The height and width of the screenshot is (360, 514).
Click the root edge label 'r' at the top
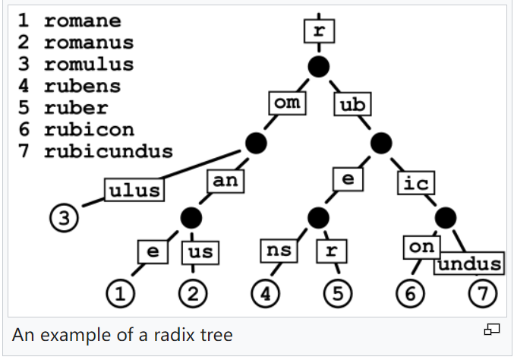(x=320, y=31)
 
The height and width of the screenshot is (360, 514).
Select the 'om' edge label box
(x=287, y=103)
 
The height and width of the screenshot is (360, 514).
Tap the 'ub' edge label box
(x=352, y=104)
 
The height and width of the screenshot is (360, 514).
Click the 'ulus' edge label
(x=134, y=190)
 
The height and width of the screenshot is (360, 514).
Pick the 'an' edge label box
(x=225, y=181)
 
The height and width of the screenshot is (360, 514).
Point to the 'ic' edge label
(x=416, y=182)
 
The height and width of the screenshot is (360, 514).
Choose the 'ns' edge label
(x=279, y=251)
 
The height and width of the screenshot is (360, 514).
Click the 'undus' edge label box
(x=469, y=264)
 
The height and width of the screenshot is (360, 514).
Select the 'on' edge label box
(x=422, y=247)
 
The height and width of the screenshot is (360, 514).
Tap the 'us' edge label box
(x=200, y=252)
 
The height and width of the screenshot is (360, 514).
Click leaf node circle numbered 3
(x=65, y=218)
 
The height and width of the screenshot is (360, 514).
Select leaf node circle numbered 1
(x=120, y=293)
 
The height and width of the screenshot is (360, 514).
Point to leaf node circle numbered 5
(x=338, y=293)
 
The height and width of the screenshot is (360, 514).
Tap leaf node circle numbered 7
(x=483, y=293)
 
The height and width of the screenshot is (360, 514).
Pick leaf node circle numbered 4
(x=266, y=293)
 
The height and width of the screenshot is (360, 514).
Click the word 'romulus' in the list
(x=89, y=65)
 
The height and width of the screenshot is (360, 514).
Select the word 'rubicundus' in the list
(x=109, y=151)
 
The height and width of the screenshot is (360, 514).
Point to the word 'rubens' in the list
(x=83, y=86)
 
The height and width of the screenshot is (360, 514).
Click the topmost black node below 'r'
(x=319, y=67)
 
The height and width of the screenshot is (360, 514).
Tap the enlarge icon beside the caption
(x=492, y=329)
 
